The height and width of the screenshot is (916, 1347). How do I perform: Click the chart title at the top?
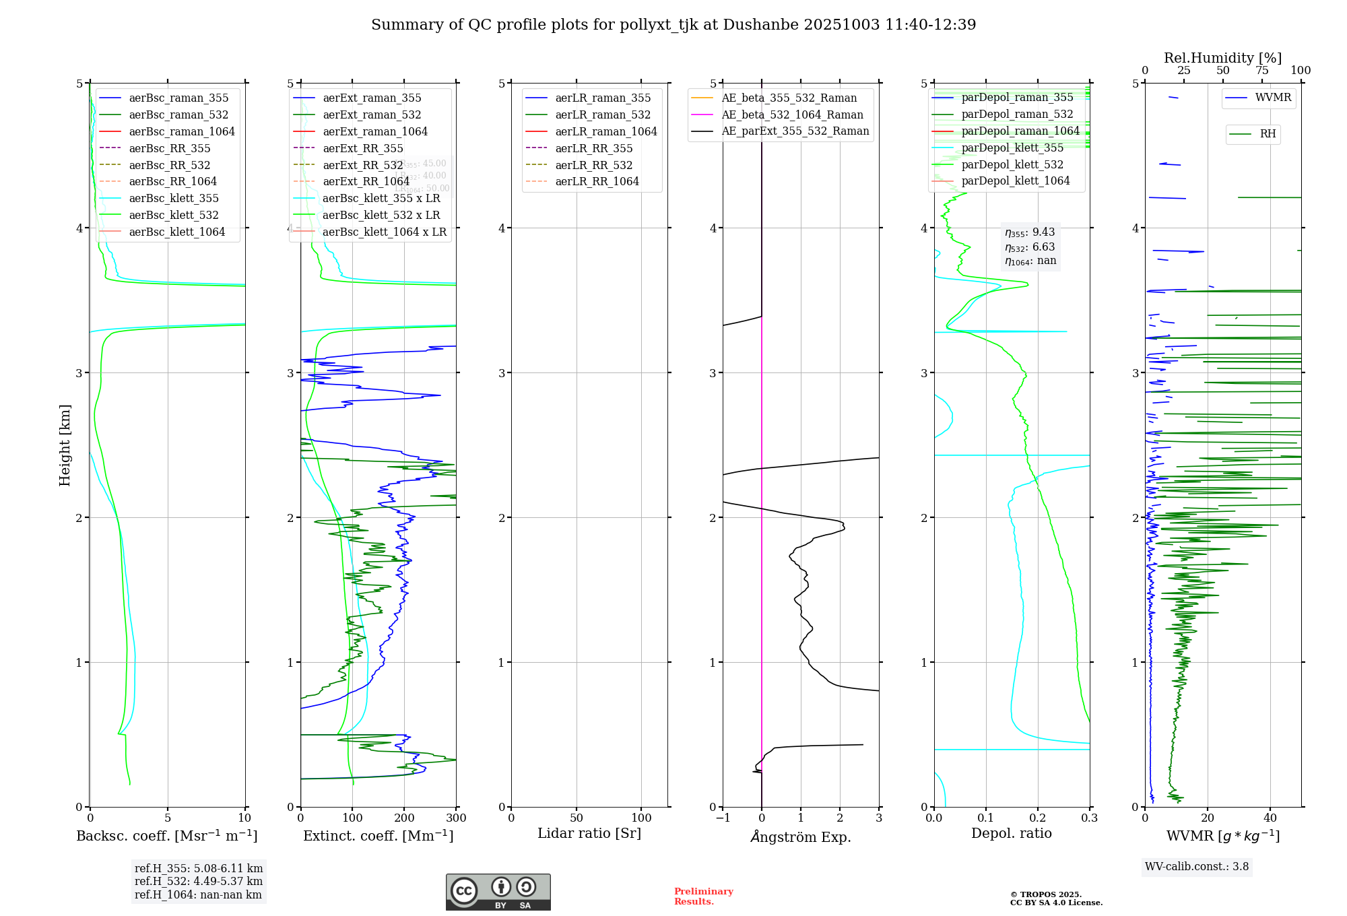(x=673, y=25)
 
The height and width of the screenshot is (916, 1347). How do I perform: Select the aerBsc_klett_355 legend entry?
(x=173, y=198)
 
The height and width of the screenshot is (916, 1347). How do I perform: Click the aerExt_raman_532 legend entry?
(x=372, y=115)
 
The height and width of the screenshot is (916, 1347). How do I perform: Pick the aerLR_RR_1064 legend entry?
(x=597, y=181)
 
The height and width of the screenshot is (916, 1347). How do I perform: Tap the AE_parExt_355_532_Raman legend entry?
(x=795, y=131)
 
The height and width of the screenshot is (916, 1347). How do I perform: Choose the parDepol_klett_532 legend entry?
(x=1012, y=164)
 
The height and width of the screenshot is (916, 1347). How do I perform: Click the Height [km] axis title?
(x=65, y=445)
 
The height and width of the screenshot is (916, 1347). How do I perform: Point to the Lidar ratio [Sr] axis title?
(x=589, y=833)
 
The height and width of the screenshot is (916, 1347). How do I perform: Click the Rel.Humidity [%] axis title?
(x=1222, y=58)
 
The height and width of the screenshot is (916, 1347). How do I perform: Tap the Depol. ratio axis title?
(x=1011, y=833)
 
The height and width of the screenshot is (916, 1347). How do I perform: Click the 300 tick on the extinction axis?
(x=456, y=818)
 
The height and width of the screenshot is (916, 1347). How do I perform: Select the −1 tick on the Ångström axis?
(x=723, y=818)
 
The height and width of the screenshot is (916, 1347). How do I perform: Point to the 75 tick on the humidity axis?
(x=1261, y=71)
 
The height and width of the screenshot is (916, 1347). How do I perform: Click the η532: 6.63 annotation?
(x=1030, y=247)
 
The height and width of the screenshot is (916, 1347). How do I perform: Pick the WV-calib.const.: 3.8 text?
(x=1196, y=867)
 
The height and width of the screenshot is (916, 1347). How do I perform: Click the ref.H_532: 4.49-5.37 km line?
(x=198, y=881)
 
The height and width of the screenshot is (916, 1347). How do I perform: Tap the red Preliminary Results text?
(x=703, y=896)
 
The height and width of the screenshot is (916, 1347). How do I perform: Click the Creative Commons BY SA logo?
(x=498, y=892)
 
